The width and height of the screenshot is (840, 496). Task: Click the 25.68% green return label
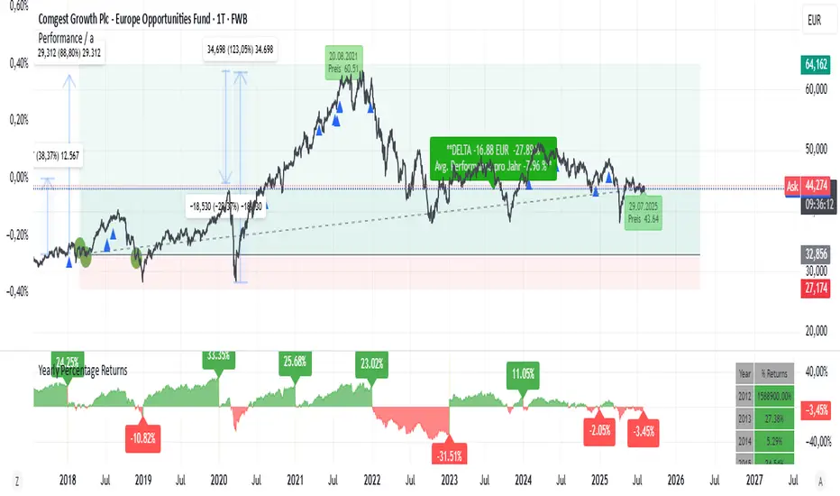pyautogui.click(x=295, y=362)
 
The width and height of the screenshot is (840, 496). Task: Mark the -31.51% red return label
pyautogui.click(x=448, y=453)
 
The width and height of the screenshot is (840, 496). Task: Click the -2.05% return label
pyautogui.click(x=598, y=427)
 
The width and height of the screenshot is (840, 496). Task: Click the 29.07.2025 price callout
pyautogui.click(x=644, y=213)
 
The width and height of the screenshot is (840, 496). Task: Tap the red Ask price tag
pyautogui.click(x=792, y=186)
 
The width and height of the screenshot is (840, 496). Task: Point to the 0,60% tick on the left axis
pyautogui.click(x=17, y=5)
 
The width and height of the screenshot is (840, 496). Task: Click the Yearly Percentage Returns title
pyautogui.click(x=83, y=370)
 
